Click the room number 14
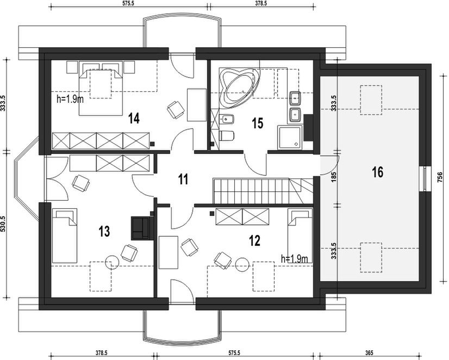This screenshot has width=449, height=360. click(134, 119)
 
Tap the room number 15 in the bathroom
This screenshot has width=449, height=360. click(258, 123)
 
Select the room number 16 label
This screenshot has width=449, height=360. click(377, 172)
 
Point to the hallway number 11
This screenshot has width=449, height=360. click(183, 179)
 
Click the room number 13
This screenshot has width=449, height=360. click(104, 231)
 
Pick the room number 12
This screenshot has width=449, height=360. click(254, 240)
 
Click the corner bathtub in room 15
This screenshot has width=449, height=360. click(239, 85)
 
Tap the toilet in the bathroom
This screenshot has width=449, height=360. click(227, 136)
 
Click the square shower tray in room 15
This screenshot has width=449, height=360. click(290, 138)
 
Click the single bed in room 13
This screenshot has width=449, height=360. click(65, 235)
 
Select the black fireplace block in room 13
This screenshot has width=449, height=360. click(140, 228)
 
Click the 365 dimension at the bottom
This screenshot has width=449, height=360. click(370, 353)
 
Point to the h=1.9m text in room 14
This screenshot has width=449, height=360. click(70, 99)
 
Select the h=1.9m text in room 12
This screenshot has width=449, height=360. click(295, 259)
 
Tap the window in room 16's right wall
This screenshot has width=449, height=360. click(425, 178)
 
